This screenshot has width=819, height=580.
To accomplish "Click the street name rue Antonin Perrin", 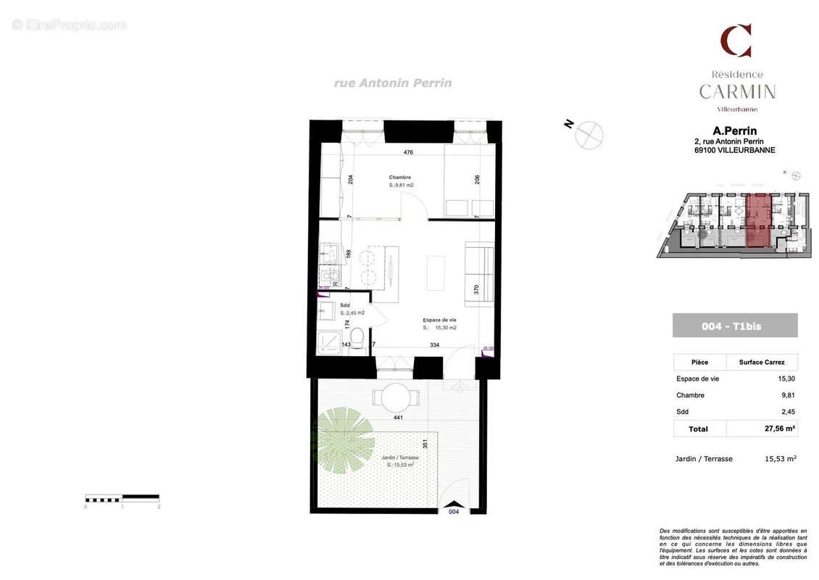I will [392, 83].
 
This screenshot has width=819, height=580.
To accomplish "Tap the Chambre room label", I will [399, 178].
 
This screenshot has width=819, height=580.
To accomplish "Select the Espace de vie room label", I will [439, 320].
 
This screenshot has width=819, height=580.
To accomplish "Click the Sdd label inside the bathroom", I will [344, 305].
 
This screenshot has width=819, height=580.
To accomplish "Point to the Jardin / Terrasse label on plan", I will [399, 457].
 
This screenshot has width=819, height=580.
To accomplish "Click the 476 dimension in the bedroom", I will [408, 152].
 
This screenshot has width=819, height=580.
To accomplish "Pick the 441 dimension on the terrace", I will [397, 418].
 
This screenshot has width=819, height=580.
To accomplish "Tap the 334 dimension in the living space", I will [434, 345].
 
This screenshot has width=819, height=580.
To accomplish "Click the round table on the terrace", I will [395, 398].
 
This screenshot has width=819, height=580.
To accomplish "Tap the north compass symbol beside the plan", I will [589, 134].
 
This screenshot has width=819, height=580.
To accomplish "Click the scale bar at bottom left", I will [122, 498].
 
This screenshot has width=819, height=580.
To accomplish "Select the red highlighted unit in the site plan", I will [758, 221].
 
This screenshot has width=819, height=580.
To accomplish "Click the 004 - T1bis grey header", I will [734, 326].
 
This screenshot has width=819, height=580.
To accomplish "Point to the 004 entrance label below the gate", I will [453, 511].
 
